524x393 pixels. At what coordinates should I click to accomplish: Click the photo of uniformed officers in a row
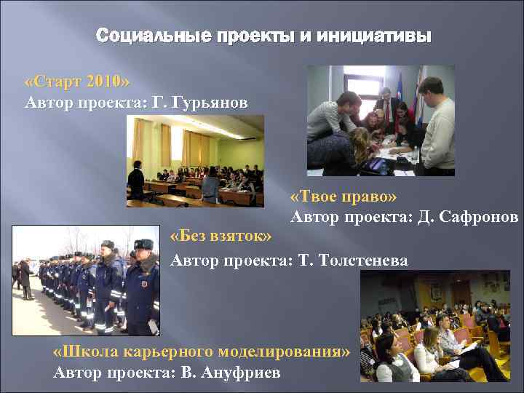click(86, 280)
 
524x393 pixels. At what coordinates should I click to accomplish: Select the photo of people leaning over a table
click(380, 121)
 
